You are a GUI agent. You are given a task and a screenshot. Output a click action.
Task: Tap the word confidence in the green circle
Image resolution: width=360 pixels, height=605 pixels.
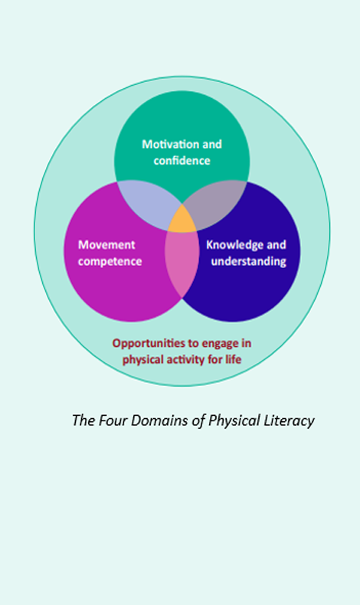pos(182,161)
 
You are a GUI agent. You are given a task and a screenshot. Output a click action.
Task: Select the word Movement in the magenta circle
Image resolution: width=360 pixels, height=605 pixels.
pos(106,245)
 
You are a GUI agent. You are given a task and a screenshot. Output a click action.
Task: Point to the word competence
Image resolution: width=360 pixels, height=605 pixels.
pos(110,261)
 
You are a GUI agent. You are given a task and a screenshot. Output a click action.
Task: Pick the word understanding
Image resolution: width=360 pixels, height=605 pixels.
pos(248,261)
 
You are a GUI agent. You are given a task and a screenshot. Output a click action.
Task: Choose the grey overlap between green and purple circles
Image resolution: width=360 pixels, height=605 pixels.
pos(217,203)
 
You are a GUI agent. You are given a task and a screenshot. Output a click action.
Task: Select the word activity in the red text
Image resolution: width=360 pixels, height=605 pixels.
pos(183,360)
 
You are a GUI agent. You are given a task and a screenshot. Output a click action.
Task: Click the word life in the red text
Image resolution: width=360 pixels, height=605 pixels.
pos(234,359)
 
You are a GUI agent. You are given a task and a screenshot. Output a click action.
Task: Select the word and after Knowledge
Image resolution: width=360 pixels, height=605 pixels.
pos(276,245)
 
